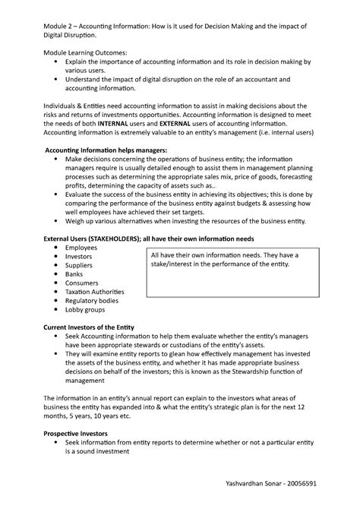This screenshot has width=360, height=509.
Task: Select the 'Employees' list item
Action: tap(81, 248)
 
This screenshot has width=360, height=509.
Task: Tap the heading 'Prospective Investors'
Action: tap(75, 433)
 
